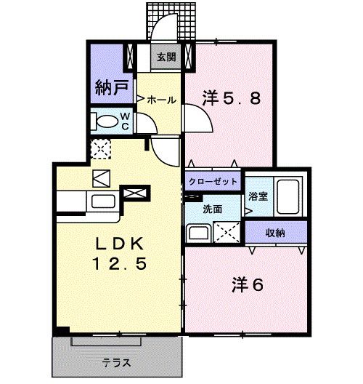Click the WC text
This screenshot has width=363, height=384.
click(124, 120)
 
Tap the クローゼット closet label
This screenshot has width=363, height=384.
click(212, 183)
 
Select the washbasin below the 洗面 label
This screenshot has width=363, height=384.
click(197, 233)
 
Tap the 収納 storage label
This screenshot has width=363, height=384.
click(274, 233)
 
